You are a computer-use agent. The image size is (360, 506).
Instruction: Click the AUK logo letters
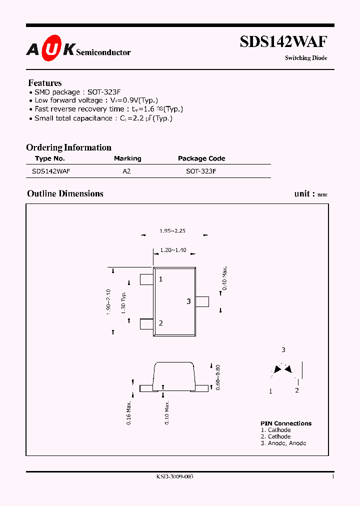(x=50, y=48)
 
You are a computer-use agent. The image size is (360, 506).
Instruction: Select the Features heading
(x=45, y=83)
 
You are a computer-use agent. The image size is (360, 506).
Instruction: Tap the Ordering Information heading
(x=68, y=147)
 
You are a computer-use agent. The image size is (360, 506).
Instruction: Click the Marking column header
(x=127, y=158)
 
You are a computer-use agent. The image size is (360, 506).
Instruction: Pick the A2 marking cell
(x=127, y=171)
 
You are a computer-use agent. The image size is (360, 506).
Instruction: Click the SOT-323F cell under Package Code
(x=201, y=171)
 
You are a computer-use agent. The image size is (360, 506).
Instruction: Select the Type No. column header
(x=50, y=158)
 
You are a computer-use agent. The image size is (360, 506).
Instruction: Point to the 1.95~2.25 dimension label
(x=172, y=231)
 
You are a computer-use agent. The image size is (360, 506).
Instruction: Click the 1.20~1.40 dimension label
(x=173, y=250)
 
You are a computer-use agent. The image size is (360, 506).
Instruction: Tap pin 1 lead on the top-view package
(x=146, y=279)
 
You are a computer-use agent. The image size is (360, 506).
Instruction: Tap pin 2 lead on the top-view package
(x=146, y=323)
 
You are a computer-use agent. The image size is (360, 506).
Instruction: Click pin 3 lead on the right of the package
(x=202, y=301)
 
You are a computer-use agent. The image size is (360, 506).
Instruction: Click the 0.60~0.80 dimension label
(x=217, y=377)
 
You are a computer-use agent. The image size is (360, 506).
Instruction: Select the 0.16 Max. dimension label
(x=129, y=412)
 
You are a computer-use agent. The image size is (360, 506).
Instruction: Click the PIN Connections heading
(x=286, y=423)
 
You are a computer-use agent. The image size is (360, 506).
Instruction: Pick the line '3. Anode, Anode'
(x=283, y=443)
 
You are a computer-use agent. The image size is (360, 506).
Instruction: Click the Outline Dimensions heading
(x=65, y=193)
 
